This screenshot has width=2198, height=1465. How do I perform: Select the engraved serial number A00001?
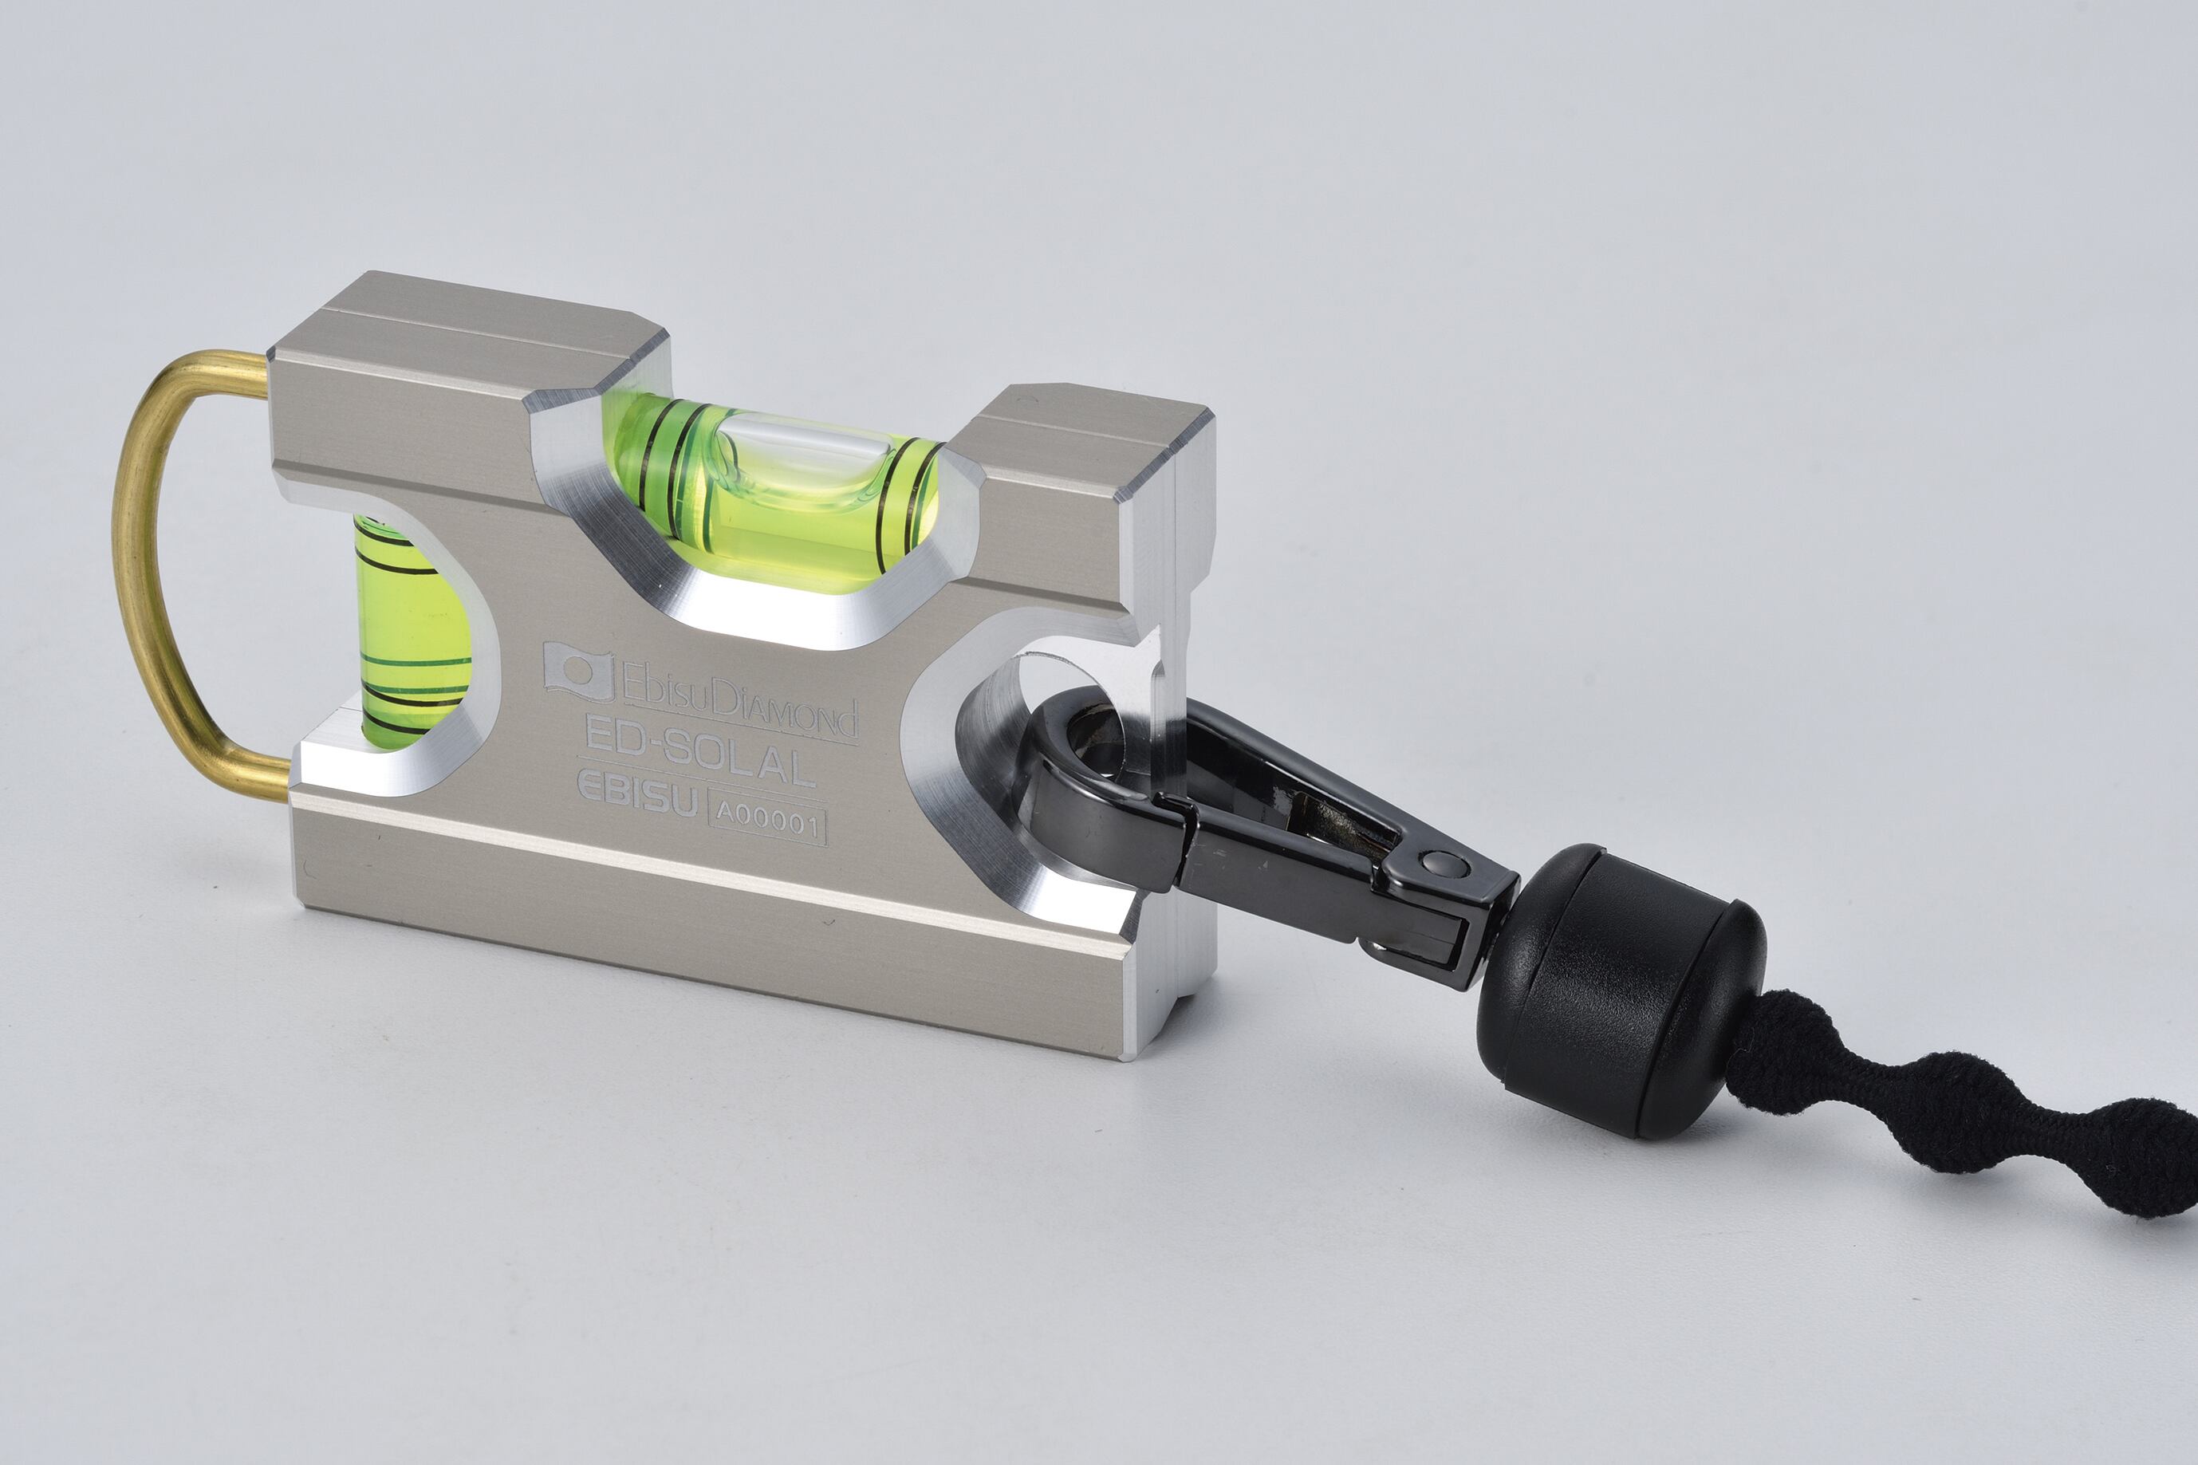coord(768,822)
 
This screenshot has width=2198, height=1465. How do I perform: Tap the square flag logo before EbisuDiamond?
coord(578,670)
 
